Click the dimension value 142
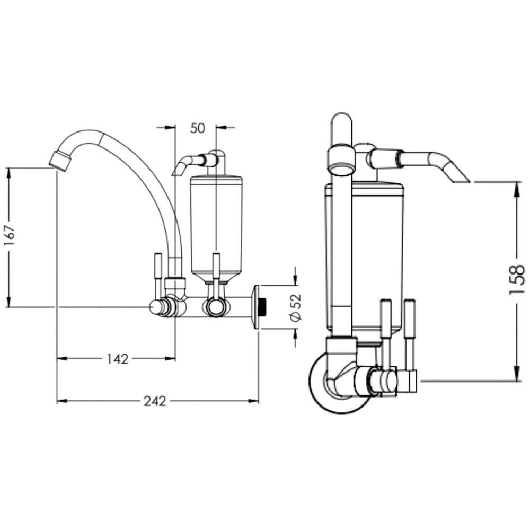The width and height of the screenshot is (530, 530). tap(117, 359)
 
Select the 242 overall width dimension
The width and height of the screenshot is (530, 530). tap(155, 401)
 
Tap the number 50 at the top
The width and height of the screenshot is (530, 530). tap(197, 128)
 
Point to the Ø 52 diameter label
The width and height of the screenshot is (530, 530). tap(296, 307)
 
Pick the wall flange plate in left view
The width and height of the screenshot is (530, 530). tap(256, 307)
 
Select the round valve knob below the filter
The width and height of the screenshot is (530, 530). tap(215, 307)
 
